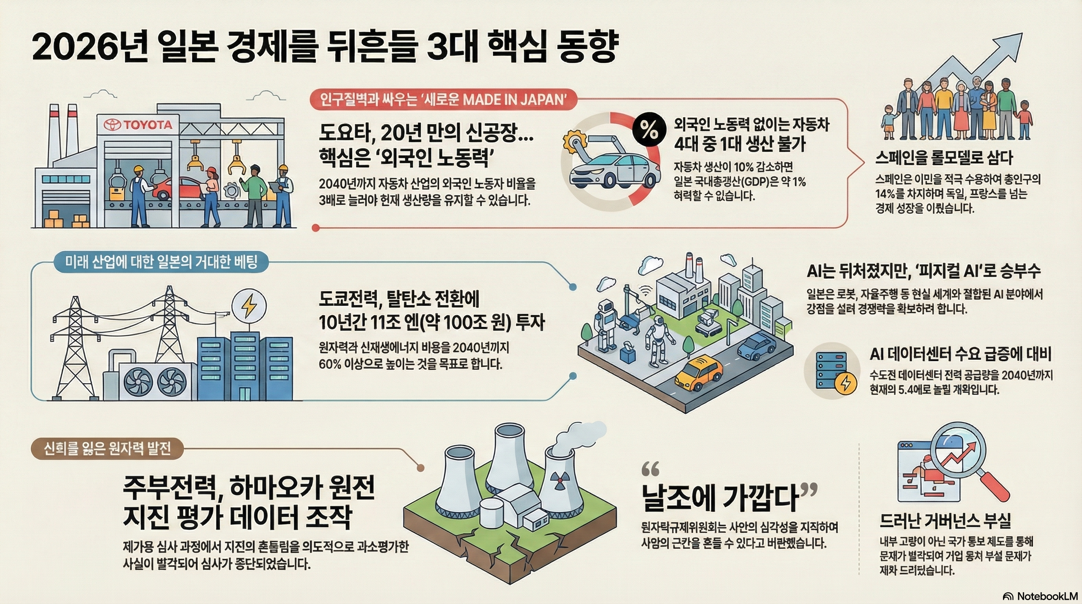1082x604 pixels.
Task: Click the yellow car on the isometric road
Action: (x=699, y=371)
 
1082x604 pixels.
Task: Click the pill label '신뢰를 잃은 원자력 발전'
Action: (x=107, y=449)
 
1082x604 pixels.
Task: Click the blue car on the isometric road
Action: (x=756, y=346)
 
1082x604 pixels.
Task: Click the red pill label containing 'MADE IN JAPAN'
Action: (x=443, y=100)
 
